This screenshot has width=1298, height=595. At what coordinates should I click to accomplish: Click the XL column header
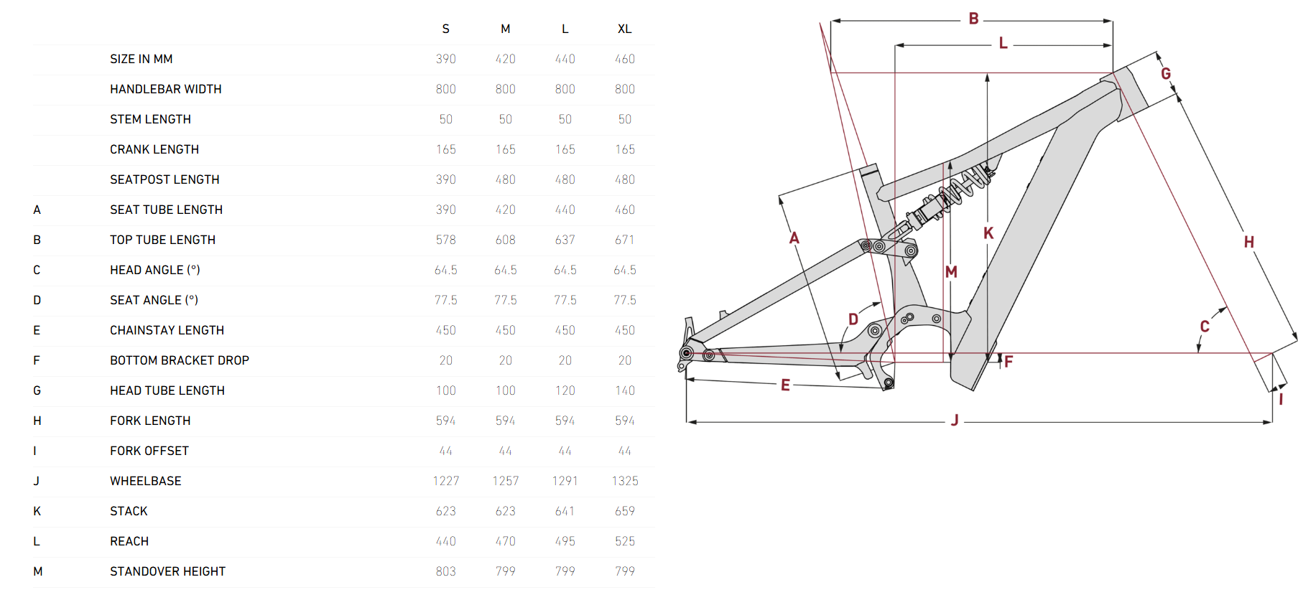(624, 29)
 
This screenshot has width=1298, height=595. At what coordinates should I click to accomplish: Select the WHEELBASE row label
(145, 481)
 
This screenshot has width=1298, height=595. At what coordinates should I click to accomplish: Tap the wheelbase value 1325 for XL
(624, 481)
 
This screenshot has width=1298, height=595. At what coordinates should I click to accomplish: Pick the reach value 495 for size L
(565, 541)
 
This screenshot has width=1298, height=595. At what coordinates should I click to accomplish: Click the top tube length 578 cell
(445, 240)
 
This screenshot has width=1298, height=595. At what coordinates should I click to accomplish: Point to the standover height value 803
(445, 571)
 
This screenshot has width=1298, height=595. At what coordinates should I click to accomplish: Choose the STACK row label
(129, 511)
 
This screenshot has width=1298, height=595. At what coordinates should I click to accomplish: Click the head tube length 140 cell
(624, 390)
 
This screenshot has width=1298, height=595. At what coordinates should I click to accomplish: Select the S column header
(445, 29)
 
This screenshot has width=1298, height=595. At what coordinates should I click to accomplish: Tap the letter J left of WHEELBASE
(36, 481)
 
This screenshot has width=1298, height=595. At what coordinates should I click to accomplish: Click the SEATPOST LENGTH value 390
(445, 179)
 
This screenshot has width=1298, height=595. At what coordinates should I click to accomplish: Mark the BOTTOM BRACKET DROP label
(179, 360)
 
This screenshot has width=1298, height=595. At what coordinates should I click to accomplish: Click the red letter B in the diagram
(973, 19)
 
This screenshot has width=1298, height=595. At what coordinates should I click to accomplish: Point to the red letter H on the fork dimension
(1248, 242)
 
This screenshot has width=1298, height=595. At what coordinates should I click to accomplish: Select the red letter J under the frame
(955, 420)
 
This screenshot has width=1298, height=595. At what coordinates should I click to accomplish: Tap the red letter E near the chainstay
(785, 385)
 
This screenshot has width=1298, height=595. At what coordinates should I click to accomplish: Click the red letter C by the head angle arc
(1205, 327)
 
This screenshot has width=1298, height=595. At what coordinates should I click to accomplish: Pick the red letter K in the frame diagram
(988, 233)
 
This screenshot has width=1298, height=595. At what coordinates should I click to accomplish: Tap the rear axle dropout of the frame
(687, 352)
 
